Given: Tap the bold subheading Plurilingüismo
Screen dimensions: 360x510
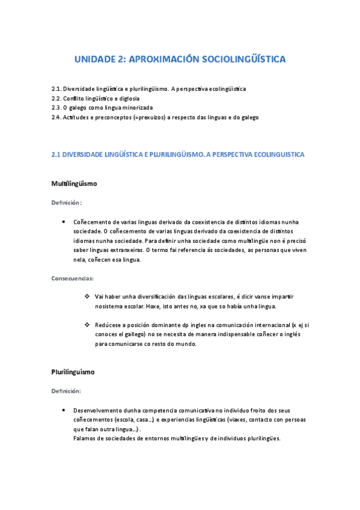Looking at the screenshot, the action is [73, 372].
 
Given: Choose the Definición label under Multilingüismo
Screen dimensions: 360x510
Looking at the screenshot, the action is [66, 203].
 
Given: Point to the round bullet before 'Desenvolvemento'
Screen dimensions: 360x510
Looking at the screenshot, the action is [63, 410].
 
